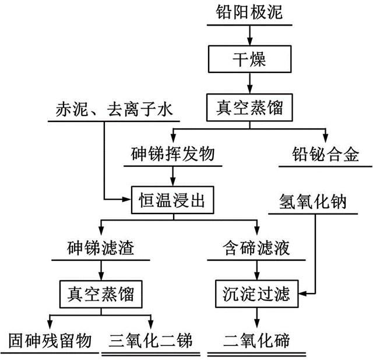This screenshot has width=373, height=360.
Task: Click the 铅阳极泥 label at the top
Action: [249, 12]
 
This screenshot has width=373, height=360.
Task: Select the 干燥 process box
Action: [249, 60]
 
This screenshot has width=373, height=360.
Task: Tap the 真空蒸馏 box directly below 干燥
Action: [249, 107]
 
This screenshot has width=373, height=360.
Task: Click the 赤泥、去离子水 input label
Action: [115, 109]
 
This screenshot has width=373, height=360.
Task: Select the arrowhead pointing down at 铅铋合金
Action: [326, 138]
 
